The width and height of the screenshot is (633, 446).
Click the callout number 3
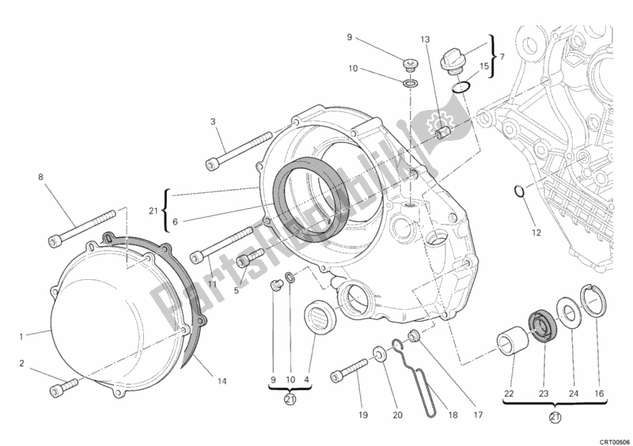[213, 122]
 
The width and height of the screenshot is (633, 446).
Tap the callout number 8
[41, 177]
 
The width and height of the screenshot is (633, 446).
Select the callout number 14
[222, 381]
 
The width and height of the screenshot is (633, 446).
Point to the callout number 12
[536, 233]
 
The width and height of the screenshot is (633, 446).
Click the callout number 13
[425, 40]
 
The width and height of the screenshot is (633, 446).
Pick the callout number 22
[509, 394]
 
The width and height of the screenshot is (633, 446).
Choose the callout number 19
[363, 414]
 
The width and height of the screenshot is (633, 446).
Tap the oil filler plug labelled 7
[452, 61]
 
